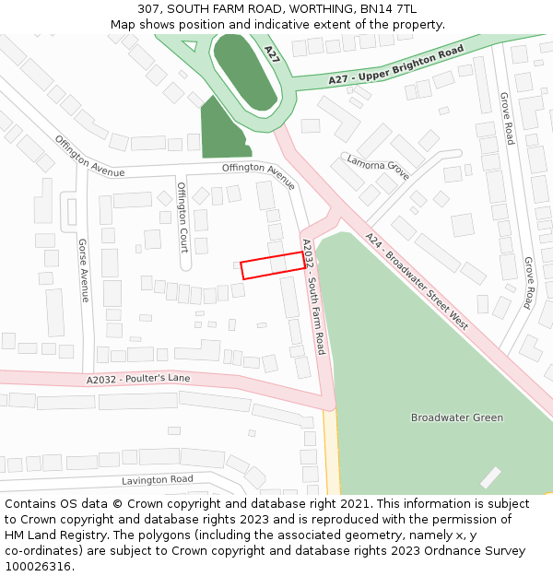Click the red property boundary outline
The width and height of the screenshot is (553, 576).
pyautogui.click(x=272, y=264)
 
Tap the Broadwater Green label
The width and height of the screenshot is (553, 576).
pyautogui.click(x=457, y=417)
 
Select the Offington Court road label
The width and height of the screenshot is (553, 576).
pyautogui.click(x=182, y=217)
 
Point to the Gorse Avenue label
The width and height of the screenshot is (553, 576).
pyautogui.click(x=83, y=271)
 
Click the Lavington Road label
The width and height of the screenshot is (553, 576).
pyautogui.click(x=158, y=479)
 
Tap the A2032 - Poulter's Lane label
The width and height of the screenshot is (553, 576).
pyautogui.click(x=138, y=379)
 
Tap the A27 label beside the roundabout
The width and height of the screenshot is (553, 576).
pyautogui.click(x=271, y=53)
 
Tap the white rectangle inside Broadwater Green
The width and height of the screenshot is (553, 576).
pyautogui.click(x=490, y=477)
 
